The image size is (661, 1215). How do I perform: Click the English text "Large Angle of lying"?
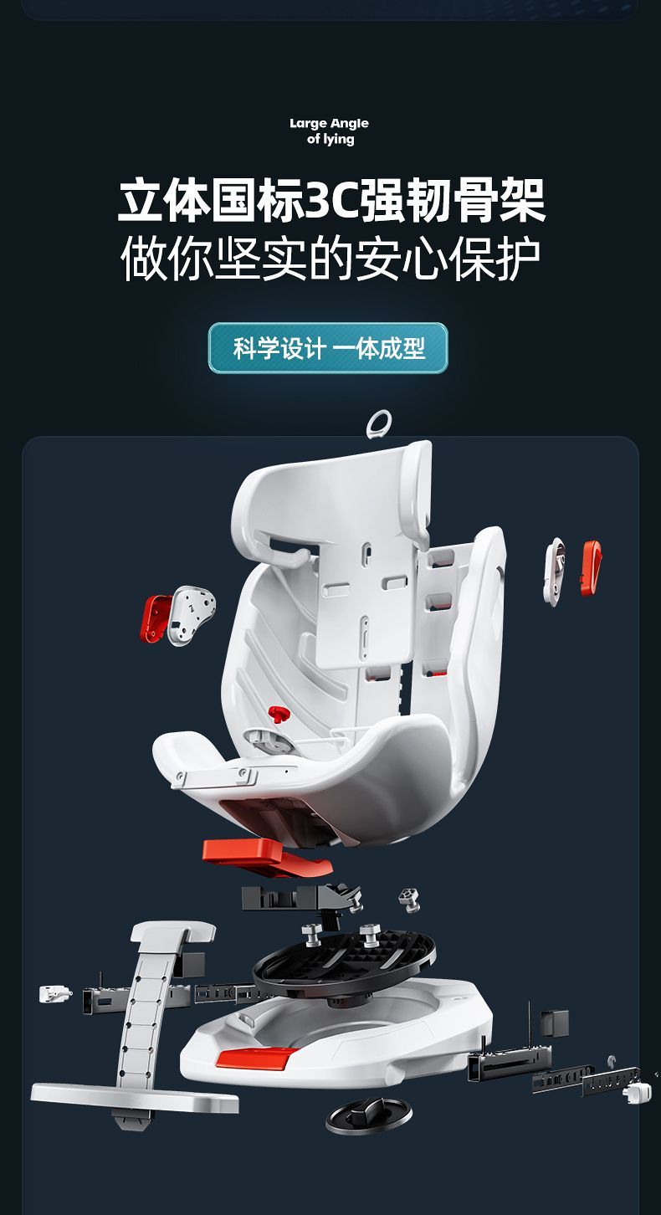(329, 131)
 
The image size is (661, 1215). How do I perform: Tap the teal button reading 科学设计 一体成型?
(328, 348)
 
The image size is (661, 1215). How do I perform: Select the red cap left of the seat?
(155, 618)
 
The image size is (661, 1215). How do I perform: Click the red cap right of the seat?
(591, 567)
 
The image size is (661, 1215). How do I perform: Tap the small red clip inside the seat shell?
(278, 713)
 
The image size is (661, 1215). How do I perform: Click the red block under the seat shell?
(266, 857)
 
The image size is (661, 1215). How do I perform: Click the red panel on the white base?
(254, 1058)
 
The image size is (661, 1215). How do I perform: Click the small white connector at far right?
(637, 1093)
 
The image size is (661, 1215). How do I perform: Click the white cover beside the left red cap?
(192, 615)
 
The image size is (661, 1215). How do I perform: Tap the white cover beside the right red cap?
(555, 571)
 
